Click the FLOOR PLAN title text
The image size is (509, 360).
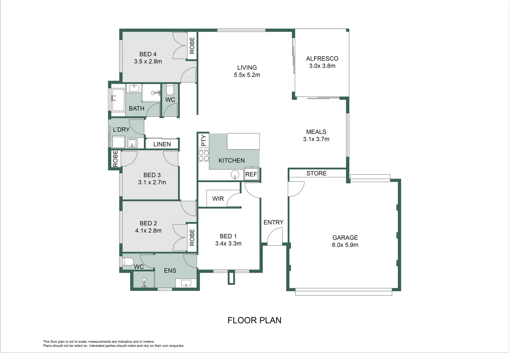(254, 320)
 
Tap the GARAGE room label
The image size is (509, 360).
(345, 238)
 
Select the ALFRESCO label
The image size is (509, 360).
(322, 59)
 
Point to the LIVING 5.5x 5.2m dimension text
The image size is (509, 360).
(247, 75)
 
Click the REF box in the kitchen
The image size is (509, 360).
(251, 174)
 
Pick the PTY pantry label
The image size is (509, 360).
(204, 140)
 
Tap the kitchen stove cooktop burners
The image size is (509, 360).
(204, 156)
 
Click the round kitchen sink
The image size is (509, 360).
(235, 175)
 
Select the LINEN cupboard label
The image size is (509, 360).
(162, 144)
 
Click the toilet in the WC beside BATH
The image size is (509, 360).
(170, 89)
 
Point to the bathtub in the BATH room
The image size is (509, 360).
(118, 100)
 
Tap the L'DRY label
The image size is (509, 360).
(121, 130)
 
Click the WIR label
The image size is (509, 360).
(218, 199)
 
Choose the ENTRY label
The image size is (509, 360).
(273, 222)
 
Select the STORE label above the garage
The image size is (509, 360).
(316, 173)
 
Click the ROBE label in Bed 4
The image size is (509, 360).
(192, 45)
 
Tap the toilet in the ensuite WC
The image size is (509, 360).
(128, 261)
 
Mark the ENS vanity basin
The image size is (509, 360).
(186, 283)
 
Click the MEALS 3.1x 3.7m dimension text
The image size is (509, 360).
(316, 139)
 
